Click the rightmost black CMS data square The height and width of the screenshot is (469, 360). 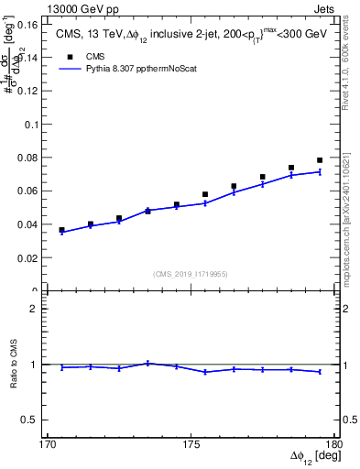(x=320, y=160)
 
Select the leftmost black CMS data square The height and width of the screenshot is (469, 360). (x=61, y=230)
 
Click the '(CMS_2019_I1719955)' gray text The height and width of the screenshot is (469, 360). (x=191, y=273)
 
